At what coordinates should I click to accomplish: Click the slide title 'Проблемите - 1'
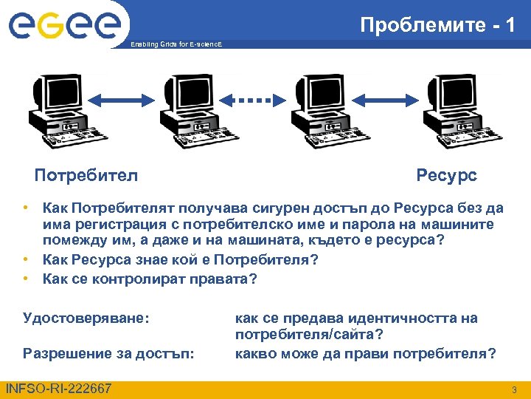pos(437,25)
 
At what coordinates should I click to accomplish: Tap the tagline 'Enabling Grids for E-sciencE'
pos(175,46)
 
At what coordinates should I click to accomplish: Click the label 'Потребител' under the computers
pos(86,176)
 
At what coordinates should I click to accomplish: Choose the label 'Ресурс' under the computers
pos(446,176)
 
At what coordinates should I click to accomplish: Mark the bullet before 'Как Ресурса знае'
pos(25,259)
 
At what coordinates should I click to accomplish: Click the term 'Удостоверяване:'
pos(86,318)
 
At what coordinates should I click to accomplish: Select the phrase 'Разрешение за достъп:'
pos(109,353)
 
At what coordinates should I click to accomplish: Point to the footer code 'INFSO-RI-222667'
pos(58,389)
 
